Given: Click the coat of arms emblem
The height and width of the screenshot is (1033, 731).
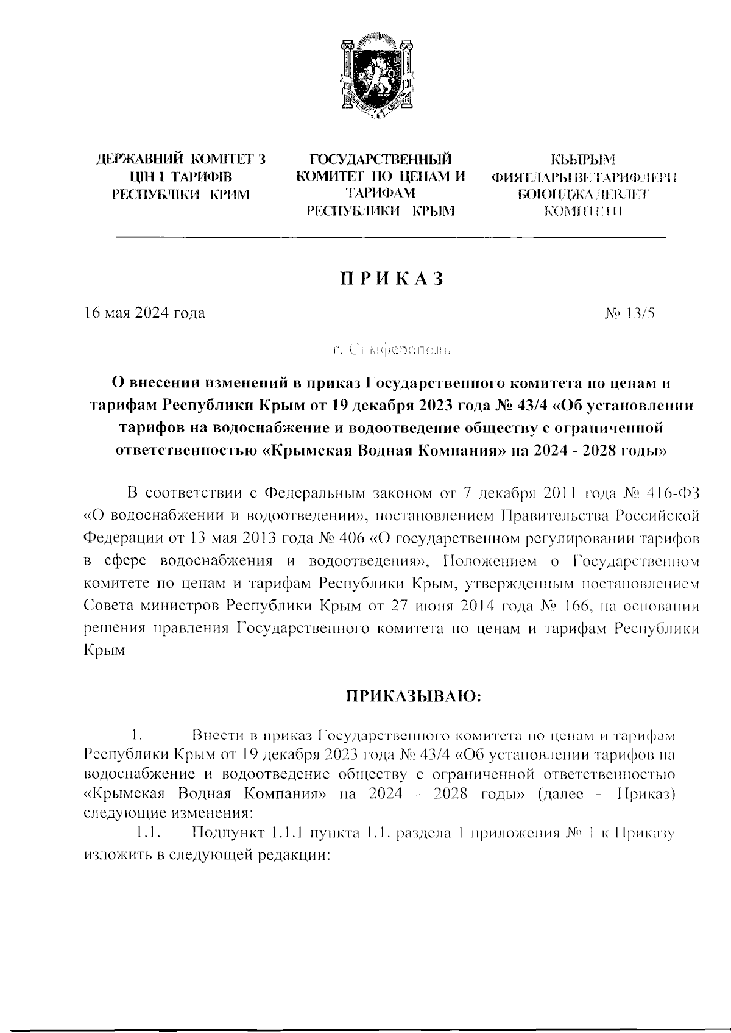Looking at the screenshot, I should pos(376,79).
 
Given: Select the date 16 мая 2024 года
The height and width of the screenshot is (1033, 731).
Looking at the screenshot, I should pos(144,313).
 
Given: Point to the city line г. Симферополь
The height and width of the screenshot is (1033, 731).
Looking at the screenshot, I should pos(392,350).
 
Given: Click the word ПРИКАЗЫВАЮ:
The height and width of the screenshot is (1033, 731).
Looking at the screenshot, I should pos(414,696).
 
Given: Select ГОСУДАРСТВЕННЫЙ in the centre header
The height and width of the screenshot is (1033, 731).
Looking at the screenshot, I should pos(381,160).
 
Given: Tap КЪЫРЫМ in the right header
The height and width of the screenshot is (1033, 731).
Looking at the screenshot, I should pos(584,160).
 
